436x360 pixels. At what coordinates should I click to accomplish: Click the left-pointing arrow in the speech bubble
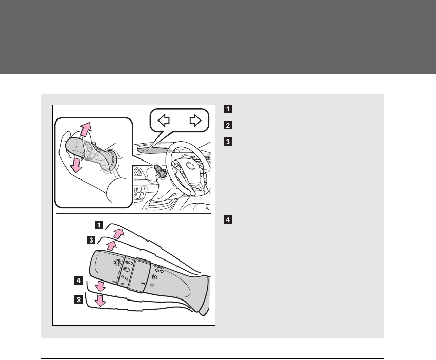click(164, 121)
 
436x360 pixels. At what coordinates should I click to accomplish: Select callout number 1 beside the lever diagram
click(97, 224)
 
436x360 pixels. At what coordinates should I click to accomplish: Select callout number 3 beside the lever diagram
click(91, 239)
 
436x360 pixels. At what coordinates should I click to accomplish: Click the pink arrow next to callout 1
click(119, 233)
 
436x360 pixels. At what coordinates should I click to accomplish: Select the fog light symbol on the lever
click(154, 277)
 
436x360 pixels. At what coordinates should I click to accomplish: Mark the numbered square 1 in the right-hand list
click(227, 109)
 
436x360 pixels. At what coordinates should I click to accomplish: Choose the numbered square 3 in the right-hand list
click(227, 141)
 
